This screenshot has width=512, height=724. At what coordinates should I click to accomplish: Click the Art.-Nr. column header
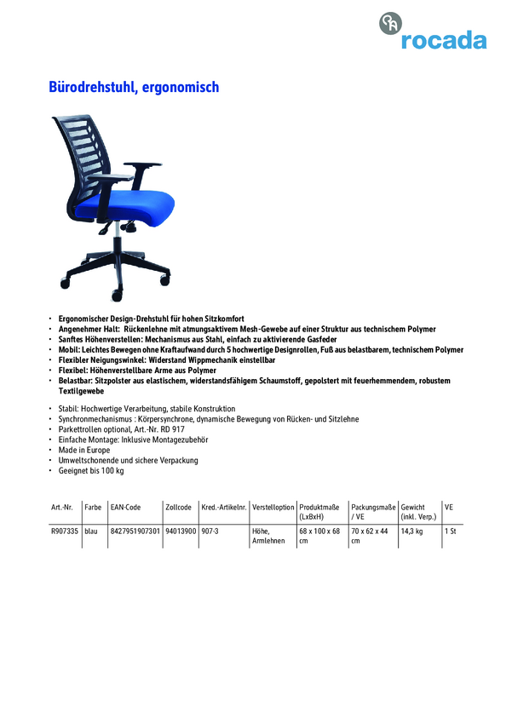click(x=63, y=507)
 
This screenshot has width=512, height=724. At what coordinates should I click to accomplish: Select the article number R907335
click(x=65, y=531)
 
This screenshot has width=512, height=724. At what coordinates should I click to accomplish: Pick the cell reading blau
click(x=91, y=531)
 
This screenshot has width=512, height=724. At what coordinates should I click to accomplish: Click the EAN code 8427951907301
click(x=135, y=531)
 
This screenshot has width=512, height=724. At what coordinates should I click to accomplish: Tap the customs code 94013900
click(x=181, y=531)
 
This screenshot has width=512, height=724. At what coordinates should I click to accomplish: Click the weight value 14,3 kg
click(x=412, y=531)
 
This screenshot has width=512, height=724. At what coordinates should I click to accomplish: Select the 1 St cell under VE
click(x=452, y=531)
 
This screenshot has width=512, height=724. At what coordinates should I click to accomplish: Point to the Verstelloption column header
click(x=273, y=507)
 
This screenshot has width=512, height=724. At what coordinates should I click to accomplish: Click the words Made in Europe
click(x=84, y=450)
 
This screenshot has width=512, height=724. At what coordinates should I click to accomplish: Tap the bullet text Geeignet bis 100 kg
click(x=91, y=470)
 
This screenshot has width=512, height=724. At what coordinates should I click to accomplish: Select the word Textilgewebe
click(x=81, y=390)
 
